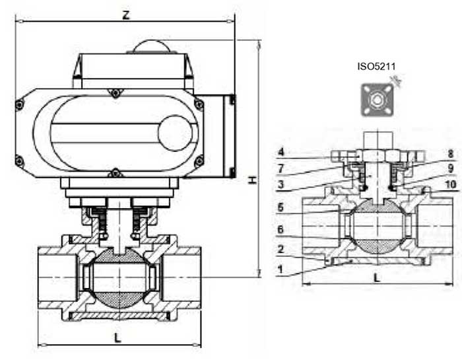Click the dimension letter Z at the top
pos(125,14)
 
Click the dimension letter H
pos(252,180)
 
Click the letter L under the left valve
pos(117,338)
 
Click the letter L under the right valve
pos(377,278)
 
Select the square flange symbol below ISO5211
pos(376,100)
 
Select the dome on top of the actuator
pos(152,46)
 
